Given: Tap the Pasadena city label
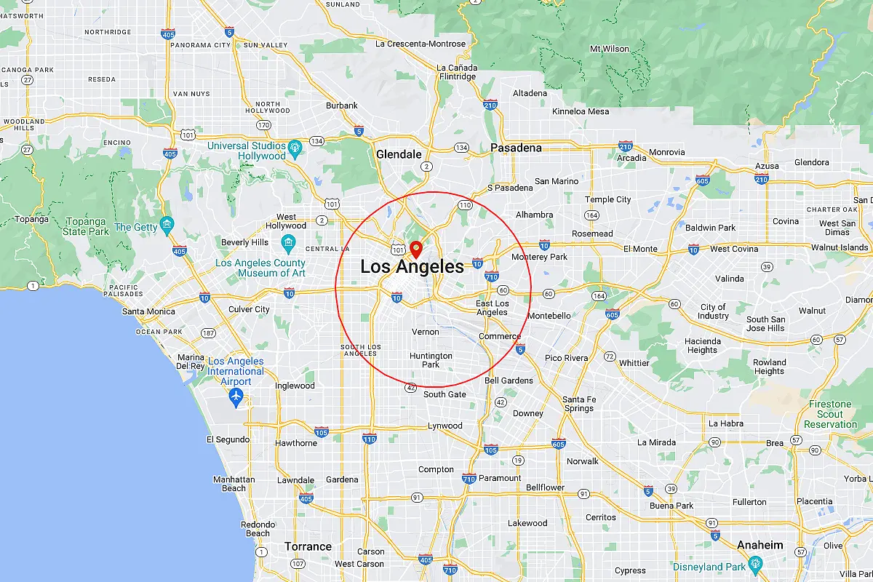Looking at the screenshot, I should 516,148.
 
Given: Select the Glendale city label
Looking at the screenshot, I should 399,154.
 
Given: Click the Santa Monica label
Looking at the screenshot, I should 148,311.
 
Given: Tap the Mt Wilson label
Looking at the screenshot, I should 609,49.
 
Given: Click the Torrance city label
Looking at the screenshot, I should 308,546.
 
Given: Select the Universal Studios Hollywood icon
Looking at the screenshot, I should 295,146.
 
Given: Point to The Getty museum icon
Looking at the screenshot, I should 168,223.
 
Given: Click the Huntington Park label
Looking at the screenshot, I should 431,360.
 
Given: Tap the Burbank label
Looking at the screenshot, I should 342,105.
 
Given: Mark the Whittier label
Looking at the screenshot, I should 634,363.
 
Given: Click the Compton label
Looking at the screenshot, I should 436,470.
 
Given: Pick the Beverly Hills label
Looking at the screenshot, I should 245,242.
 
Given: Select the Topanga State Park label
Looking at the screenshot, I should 86,226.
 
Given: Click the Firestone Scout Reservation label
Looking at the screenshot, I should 830,414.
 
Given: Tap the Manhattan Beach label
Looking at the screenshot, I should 234,484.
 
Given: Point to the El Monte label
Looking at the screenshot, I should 640,249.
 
